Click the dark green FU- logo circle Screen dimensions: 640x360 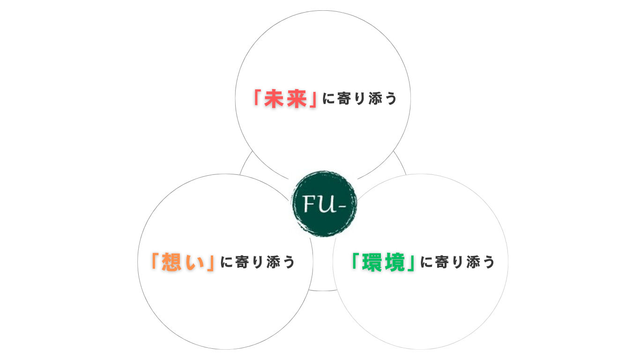(324, 203)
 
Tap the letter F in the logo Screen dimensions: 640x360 (309, 203)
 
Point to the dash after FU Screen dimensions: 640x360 (342, 206)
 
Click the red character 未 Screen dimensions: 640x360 (274, 99)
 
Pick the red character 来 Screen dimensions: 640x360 (297, 99)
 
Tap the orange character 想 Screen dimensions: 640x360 (171, 262)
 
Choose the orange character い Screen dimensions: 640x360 (194, 262)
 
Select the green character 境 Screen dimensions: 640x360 (394, 262)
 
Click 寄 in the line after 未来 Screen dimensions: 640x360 (344, 98)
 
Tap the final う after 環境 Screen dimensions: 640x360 (489, 262)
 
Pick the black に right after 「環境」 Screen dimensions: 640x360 (426, 262)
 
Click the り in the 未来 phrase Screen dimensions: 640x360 (360, 98)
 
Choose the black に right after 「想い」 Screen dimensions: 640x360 (226, 262)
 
